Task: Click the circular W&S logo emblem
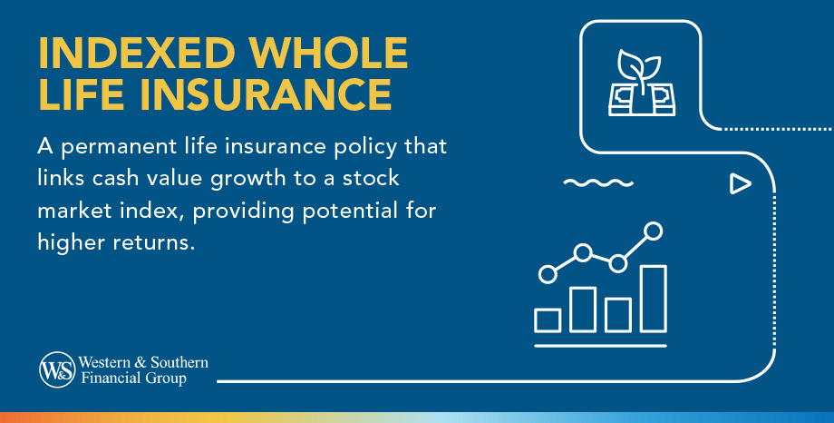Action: (x=56, y=370)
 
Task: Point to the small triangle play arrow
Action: (x=740, y=184)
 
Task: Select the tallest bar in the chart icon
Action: (x=654, y=299)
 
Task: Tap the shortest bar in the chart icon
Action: (x=548, y=320)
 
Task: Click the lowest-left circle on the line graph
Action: (x=547, y=272)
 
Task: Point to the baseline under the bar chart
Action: (x=600, y=346)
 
